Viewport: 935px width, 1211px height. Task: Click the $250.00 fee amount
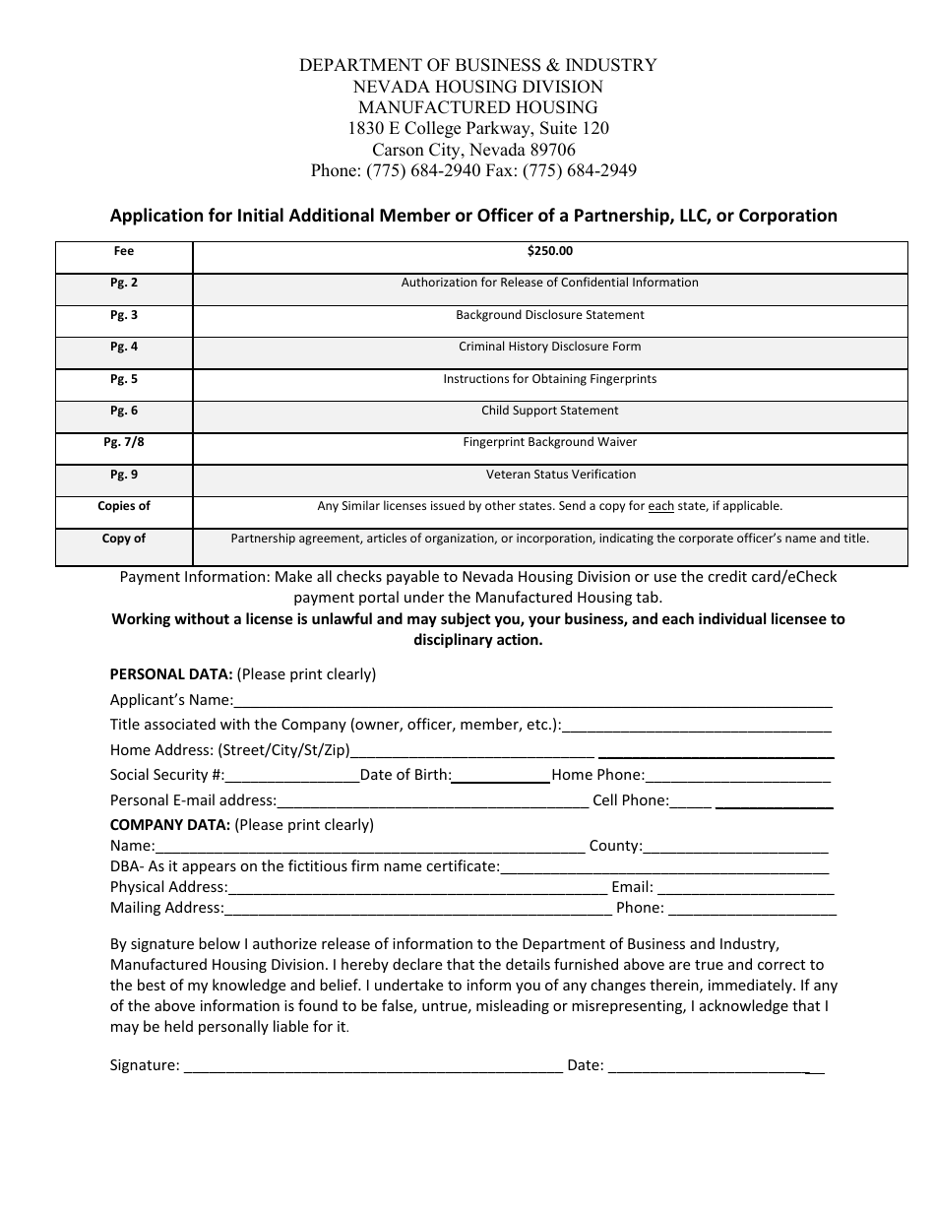[549, 251]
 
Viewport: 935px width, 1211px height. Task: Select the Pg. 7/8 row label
[124, 442]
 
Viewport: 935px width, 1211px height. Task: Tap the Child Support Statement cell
[549, 411]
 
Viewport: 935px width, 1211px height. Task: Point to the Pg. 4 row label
[124, 347]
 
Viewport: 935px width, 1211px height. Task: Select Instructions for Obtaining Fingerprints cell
[549, 379]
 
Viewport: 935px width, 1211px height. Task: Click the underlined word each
[660, 506]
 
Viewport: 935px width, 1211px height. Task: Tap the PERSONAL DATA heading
[170, 674]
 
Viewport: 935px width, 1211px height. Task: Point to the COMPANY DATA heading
[170, 824]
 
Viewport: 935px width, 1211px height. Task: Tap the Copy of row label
[124, 539]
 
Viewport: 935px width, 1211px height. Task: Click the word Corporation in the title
[788, 216]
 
